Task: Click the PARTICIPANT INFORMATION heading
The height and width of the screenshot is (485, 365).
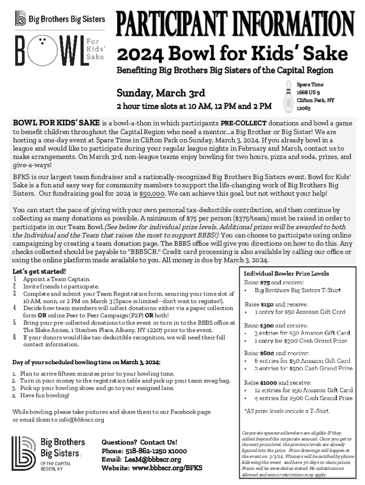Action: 235,22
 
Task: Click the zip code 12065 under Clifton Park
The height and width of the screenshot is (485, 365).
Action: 304,108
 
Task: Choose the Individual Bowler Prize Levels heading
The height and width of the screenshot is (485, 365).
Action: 286,274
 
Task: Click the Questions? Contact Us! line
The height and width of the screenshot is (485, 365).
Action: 139,442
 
